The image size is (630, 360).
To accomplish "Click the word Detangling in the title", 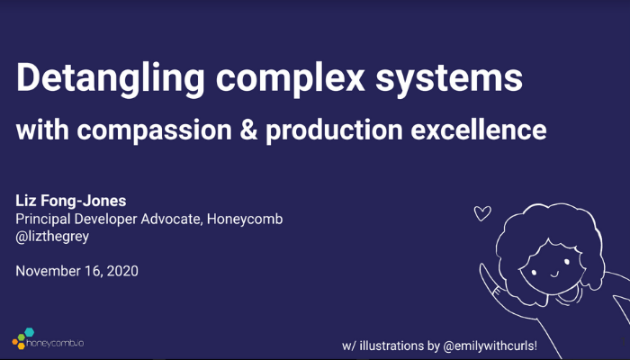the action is (x=111, y=79).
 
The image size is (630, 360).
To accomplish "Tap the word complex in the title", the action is (x=290, y=79).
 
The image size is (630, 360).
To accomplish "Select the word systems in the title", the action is (x=449, y=78).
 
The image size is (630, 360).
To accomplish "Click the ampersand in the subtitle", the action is (x=248, y=130).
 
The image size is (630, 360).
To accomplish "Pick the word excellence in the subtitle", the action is (x=479, y=130).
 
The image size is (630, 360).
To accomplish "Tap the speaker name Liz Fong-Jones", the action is (x=71, y=201).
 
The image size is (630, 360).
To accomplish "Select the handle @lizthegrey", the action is (x=52, y=236).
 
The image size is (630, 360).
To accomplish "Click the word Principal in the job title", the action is (x=43, y=220).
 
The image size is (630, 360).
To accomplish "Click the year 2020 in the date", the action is (x=122, y=271).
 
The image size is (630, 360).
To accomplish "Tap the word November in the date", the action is (x=48, y=271).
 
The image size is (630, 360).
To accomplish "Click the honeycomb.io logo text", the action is (x=55, y=344).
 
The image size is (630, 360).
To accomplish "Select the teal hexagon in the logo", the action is (x=29, y=332).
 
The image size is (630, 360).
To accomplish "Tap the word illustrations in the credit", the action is (x=391, y=346).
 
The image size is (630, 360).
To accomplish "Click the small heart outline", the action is (x=482, y=213).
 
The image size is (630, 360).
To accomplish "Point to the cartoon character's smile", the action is (x=554, y=274).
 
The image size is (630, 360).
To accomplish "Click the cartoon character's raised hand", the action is (x=488, y=280).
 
